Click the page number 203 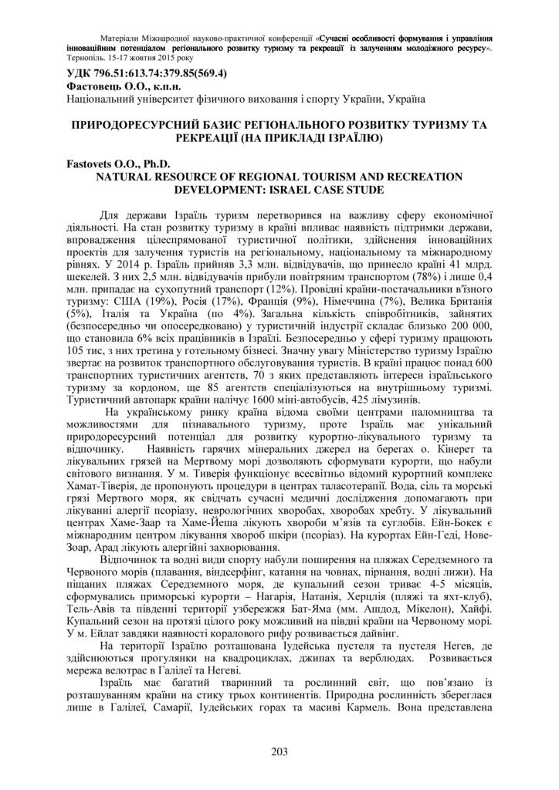pyautogui.click(x=279, y=753)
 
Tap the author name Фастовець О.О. pyautogui.click(x=101, y=87)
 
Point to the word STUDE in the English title pyautogui.click(x=364, y=189)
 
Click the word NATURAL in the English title pyautogui.click(x=126, y=177)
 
